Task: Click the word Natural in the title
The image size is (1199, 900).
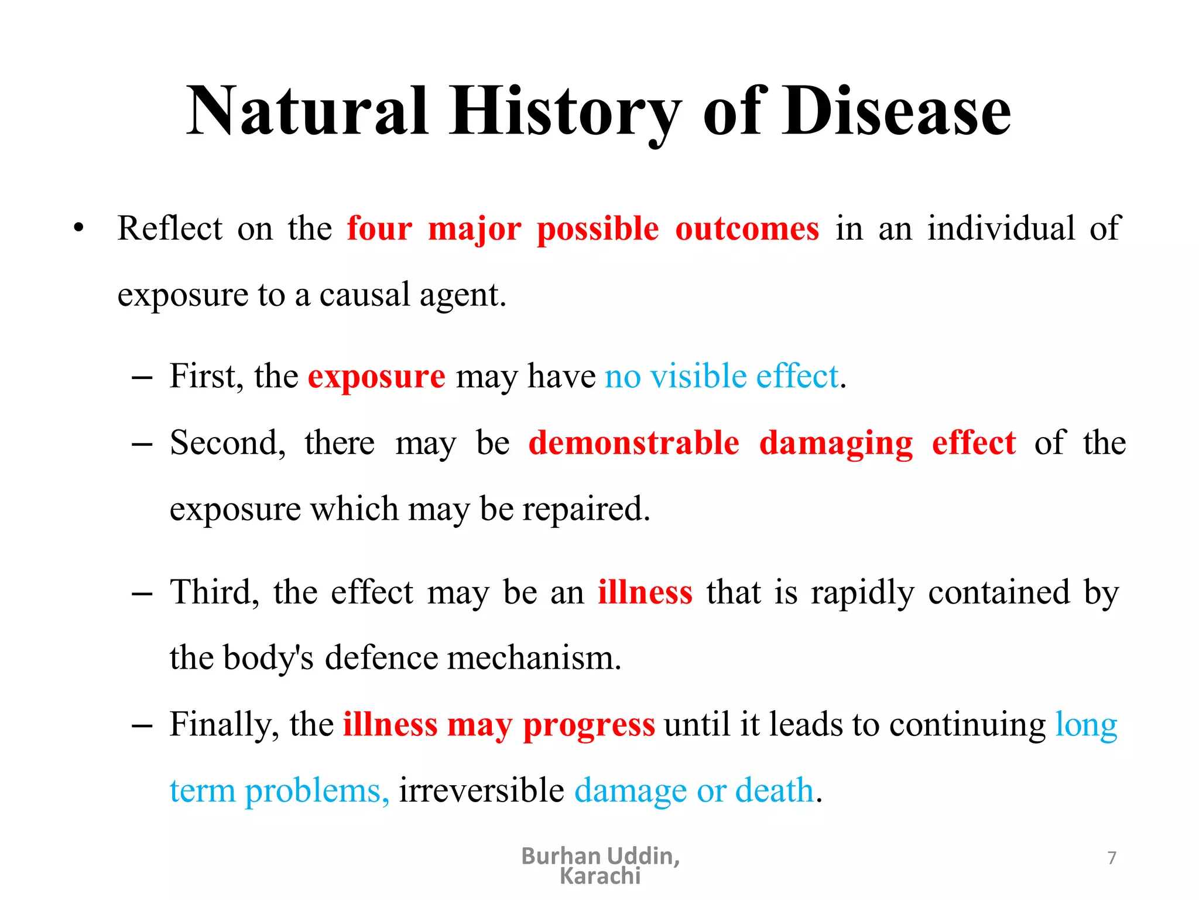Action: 307,111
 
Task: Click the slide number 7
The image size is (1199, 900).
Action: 1112,858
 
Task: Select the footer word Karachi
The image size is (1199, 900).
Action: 600,877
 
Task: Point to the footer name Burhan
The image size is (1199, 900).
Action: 561,856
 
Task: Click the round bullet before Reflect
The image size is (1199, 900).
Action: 79,229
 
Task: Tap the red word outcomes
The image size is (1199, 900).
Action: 747,229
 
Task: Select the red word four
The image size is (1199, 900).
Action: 379,229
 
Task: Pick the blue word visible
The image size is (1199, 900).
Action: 698,376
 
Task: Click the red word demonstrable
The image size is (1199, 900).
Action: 633,442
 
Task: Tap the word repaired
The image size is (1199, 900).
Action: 586,509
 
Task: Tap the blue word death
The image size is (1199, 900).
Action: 775,790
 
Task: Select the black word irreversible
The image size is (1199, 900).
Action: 481,790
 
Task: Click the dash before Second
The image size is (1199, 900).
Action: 142,444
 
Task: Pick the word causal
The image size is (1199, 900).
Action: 364,295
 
